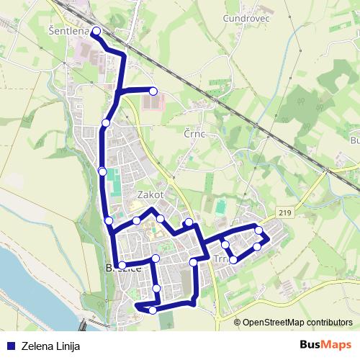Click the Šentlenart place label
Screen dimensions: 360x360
(x=68, y=32)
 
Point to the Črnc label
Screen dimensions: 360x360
(x=195, y=134)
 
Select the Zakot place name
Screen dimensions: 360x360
(x=151, y=195)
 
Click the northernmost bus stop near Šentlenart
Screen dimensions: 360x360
(x=96, y=31)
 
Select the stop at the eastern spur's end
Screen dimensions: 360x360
(x=153, y=91)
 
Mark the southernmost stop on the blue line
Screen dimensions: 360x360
(x=153, y=310)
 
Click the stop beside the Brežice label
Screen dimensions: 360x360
(x=122, y=266)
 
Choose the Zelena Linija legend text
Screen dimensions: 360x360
(x=50, y=346)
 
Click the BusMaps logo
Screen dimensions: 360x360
(x=325, y=345)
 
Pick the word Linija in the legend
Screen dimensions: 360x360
(x=66, y=346)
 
